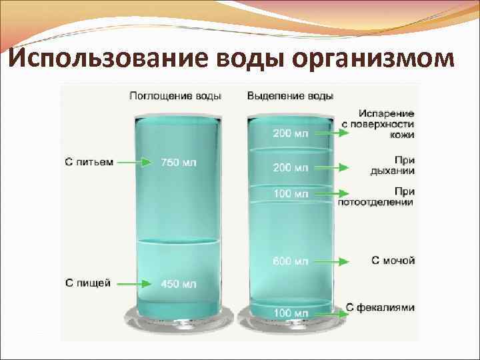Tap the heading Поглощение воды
[x=175, y=96]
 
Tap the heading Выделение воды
[x=291, y=96]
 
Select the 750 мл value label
[x=179, y=162]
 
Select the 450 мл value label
[x=179, y=284]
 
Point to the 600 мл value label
[x=290, y=260]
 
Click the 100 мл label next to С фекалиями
[x=290, y=313]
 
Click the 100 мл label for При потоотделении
[x=290, y=194]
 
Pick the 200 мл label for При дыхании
[x=290, y=167]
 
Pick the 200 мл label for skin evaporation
[x=290, y=133]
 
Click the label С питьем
[x=89, y=162]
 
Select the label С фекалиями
[x=381, y=308]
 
